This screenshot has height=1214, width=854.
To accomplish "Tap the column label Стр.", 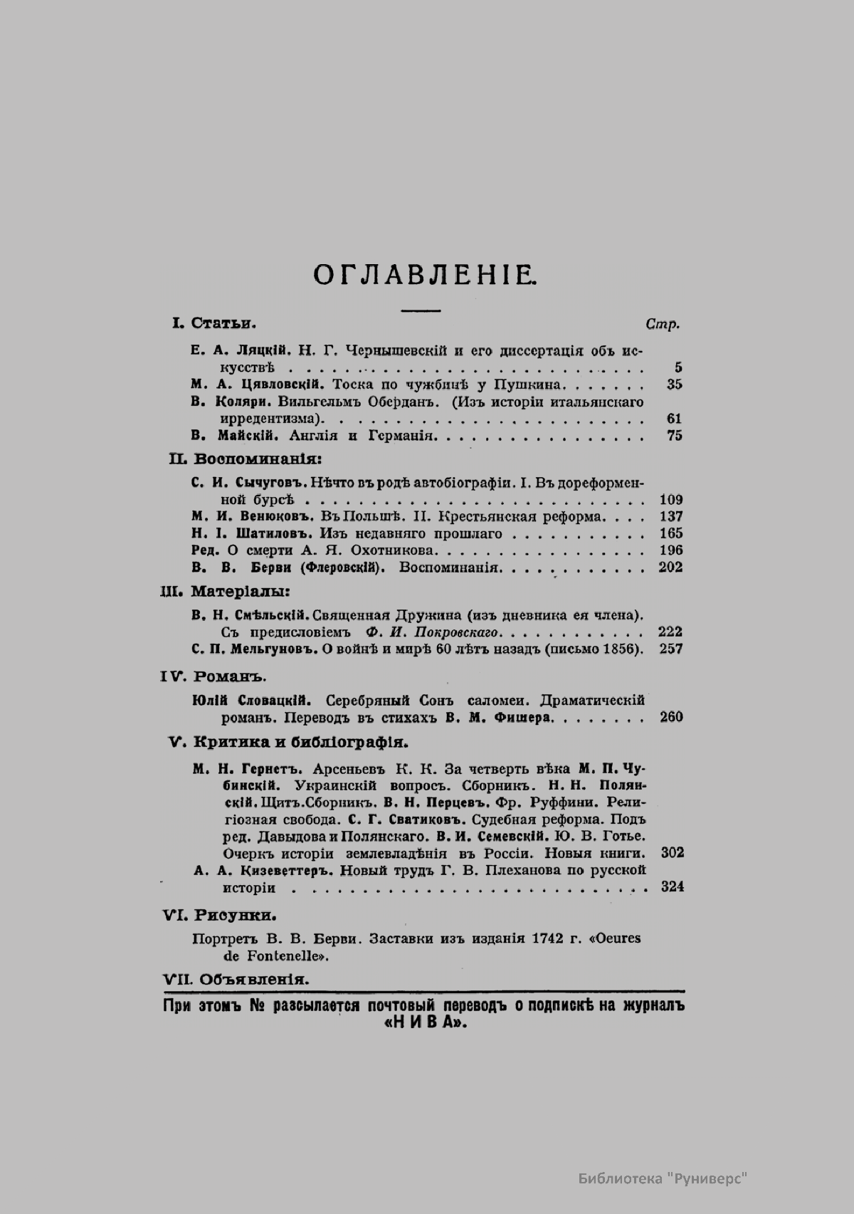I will (663, 325).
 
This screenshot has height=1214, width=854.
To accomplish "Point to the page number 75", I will (674, 436).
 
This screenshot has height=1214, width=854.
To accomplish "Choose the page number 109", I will (671, 499).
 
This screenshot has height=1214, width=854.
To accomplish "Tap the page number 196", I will (671, 550).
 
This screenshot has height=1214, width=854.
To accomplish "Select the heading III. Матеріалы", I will (226, 592).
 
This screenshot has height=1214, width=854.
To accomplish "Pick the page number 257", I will (671, 649).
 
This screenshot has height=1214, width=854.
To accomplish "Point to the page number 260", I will (671, 717).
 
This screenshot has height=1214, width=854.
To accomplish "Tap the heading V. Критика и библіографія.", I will (288, 742).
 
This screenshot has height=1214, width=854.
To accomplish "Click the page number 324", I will (673, 886).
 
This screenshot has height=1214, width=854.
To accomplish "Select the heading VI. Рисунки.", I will (219, 916).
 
